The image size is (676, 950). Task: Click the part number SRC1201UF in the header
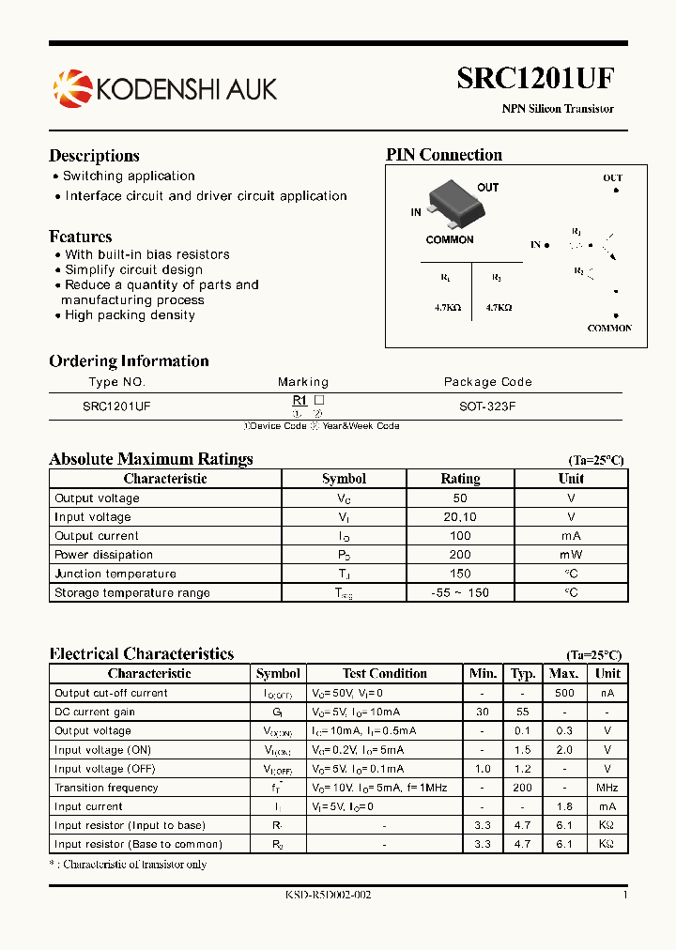[535, 79]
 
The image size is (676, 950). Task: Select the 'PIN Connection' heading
[444, 155]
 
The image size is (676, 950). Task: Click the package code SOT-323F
[487, 406]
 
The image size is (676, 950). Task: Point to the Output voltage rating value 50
[460, 498]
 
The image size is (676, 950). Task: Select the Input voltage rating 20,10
[460, 517]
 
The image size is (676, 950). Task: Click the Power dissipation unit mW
[571, 555]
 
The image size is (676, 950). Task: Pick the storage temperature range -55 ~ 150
[460, 592]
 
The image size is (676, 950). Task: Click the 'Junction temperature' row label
[115, 574]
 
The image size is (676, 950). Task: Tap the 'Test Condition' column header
[384, 673]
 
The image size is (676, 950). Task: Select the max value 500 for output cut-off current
[563, 693]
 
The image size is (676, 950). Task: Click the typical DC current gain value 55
[523, 712]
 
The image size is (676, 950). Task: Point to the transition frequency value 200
[523, 788]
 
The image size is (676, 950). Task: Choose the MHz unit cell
[607, 788]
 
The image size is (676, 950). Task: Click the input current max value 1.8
[563, 806]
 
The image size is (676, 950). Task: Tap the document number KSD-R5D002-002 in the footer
[328, 895]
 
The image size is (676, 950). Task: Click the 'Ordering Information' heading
[129, 361]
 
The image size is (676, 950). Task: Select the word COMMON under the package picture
[450, 240]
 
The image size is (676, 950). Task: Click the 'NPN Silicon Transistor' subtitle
[558, 109]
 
